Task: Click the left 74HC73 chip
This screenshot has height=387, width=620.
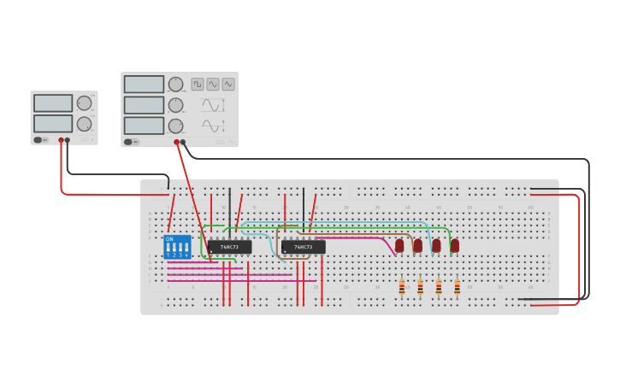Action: click(229, 247)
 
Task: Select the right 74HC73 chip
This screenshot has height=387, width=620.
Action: click(303, 247)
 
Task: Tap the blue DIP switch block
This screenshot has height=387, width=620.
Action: click(177, 247)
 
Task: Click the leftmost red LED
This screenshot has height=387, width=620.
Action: click(399, 245)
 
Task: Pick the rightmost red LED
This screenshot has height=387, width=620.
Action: click(455, 245)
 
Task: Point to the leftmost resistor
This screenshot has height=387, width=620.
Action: click(402, 288)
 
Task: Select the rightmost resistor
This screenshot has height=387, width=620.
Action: click(458, 288)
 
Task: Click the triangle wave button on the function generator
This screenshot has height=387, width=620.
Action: click(213, 84)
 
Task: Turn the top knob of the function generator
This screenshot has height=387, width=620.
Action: click(175, 84)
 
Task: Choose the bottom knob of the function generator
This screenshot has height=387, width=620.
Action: click(175, 126)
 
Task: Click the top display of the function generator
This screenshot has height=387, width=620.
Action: click(144, 84)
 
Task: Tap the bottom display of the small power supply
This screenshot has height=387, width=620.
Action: click(53, 123)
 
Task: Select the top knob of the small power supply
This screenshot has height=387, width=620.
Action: click(84, 103)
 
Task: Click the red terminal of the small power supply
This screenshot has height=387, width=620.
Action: click(61, 140)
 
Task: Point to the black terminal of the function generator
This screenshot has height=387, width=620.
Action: click(183, 142)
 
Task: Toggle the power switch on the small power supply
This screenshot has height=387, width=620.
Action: click(38, 140)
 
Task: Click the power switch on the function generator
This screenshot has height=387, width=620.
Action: click(128, 142)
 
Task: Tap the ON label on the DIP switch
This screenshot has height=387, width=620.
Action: click(169, 239)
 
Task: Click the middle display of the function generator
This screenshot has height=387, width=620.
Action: click(144, 105)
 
